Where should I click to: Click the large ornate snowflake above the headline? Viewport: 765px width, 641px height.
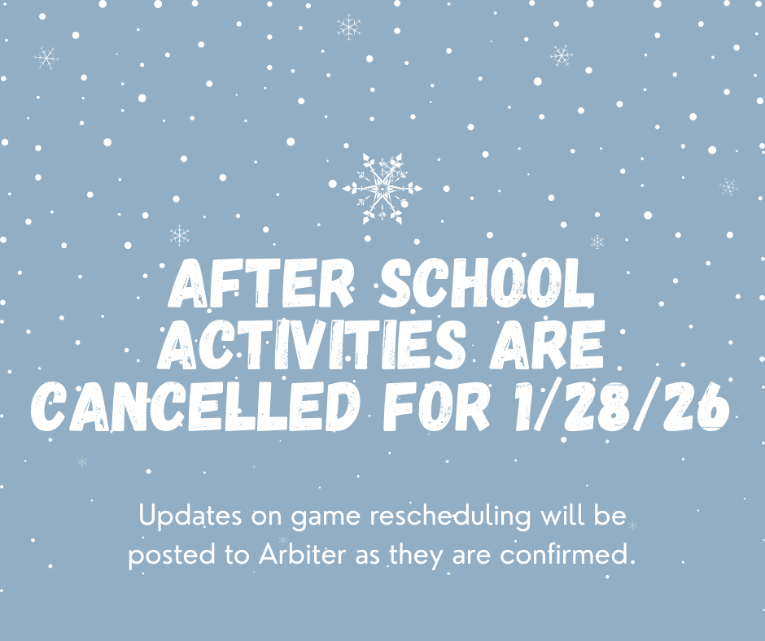pyautogui.click(x=382, y=188)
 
